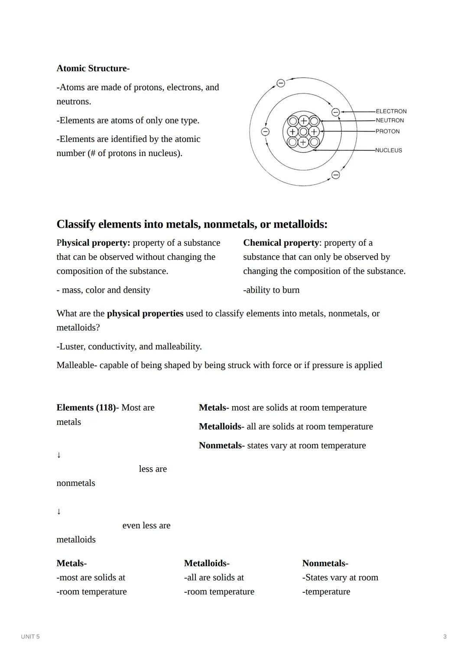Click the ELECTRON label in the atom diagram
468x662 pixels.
point(391,111)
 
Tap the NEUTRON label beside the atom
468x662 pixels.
point(390,121)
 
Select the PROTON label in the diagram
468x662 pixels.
point(387,131)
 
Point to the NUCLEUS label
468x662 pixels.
point(388,150)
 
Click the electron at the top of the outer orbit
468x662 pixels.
point(281,83)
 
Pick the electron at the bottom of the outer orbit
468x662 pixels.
point(335,175)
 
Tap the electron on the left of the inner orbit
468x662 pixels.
point(265,131)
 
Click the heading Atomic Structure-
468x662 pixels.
point(93,68)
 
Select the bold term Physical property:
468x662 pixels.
point(93,243)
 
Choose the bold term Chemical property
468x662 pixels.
point(281,243)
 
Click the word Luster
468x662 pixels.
point(71,346)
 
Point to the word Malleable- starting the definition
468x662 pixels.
point(77,365)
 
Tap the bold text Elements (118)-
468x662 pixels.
point(88,408)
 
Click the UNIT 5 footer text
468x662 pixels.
point(30,636)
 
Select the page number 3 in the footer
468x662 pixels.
point(445,636)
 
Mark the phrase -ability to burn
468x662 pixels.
point(271,290)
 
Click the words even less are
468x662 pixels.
point(146,525)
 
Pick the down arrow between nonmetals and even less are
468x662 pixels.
point(59,512)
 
